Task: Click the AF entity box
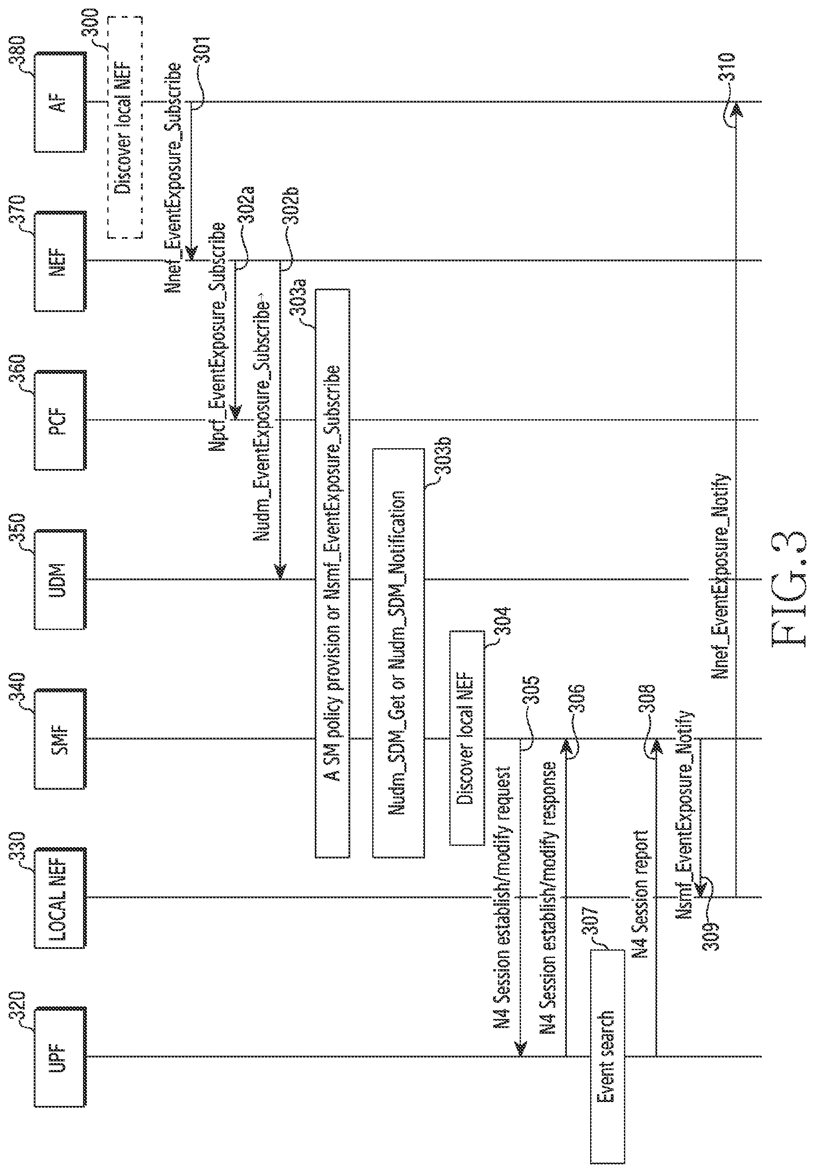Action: [60, 102]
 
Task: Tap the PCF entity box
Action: [60, 420]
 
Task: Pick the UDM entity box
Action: [60, 579]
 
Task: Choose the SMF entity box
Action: [60, 739]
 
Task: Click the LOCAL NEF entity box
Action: [60, 898]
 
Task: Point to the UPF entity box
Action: [60, 1057]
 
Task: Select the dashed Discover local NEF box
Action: [125, 127]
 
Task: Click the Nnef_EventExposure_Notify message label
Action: [721, 577]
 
